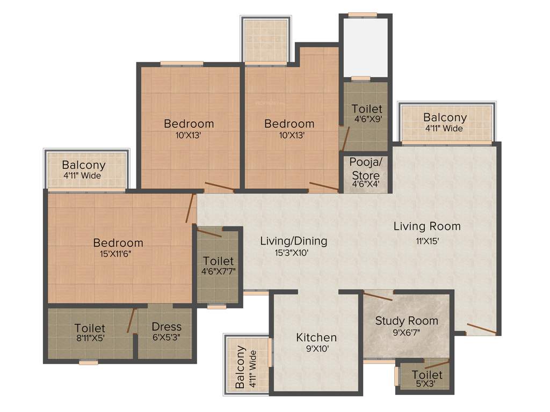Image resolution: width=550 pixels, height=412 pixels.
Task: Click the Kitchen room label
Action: (x=316, y=337)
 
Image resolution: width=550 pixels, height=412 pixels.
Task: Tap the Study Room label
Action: (x=407, y=321)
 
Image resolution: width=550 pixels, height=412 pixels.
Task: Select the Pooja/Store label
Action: (x=365, y=168)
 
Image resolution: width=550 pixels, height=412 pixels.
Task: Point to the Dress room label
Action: (x=167, y=327)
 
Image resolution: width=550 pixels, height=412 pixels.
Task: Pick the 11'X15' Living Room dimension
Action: (x=426, y=241)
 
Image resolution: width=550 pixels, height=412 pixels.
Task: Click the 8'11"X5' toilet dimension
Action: (x=90, y=339)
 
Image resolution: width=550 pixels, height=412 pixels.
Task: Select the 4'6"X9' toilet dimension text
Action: (x=367, y=120)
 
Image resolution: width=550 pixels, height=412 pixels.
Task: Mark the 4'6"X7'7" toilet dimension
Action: (x=218, y=272)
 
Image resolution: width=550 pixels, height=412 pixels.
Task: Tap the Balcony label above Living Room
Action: (x=445, y=117)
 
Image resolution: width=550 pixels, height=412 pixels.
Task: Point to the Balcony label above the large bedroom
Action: (x=83, y=165)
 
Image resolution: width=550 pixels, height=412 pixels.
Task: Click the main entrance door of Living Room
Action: (x=481, y=328)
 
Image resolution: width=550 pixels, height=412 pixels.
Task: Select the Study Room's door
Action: (x=378, y=295)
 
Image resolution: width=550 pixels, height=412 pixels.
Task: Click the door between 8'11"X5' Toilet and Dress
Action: (x=130, y=321)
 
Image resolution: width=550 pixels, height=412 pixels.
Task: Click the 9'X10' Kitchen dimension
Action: (x=316, y=349)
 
